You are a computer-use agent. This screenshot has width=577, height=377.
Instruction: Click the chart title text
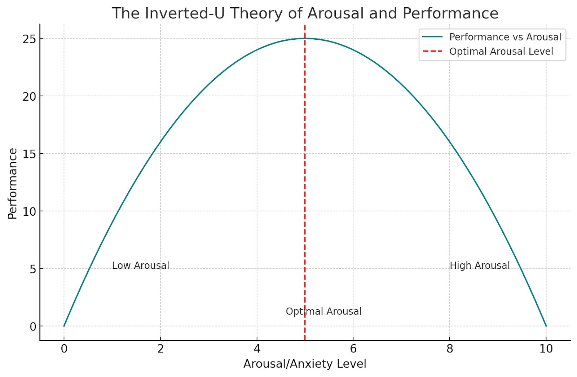point(305,14)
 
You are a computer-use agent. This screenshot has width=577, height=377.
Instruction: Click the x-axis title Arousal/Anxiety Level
point(305,364)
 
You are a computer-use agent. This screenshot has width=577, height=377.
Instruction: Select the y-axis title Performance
point(12,183)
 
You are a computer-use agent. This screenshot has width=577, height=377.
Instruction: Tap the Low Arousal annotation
point(141,266)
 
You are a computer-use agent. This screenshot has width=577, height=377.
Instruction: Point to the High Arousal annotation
point(480,266)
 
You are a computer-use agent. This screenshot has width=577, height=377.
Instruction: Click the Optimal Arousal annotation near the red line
point(323,311)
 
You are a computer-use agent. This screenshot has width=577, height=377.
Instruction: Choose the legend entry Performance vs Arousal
point(505,37)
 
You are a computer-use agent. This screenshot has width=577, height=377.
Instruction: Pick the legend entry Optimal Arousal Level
point(501,51)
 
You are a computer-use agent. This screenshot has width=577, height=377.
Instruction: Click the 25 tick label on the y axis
point(29,39)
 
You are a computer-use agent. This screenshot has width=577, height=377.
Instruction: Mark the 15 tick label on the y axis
point(29,154)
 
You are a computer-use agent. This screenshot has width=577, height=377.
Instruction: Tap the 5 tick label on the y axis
point(33,269)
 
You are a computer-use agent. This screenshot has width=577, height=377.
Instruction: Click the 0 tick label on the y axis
point(33,326)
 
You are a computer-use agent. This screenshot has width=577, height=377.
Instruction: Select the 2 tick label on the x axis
point(160,349)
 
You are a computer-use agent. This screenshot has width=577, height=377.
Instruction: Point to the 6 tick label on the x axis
point(353,349)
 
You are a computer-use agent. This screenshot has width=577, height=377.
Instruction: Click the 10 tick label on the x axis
point(546,349)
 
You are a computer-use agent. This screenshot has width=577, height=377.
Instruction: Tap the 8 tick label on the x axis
point(449,349)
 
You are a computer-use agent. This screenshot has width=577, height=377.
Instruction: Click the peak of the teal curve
point(305,38)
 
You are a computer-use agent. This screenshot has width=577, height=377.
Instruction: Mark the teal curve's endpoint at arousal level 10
point(546,326)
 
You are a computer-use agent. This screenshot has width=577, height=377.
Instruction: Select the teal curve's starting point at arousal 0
point(64,326)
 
